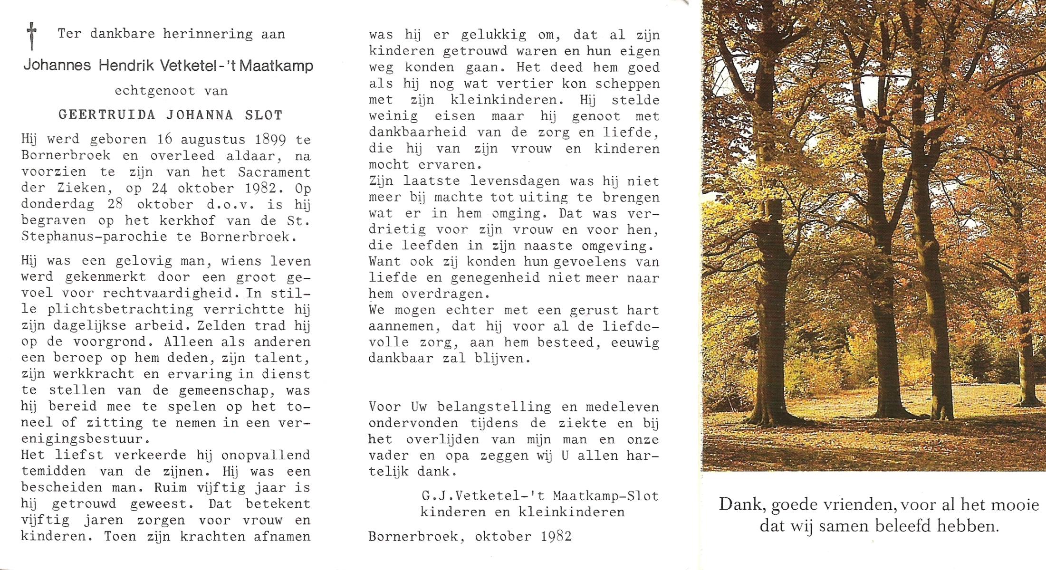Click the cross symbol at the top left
pos(31,36)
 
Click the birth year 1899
pos(270,140)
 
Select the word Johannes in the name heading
pos(57,65)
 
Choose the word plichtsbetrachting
pos(120,309)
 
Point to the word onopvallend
pos(266,455)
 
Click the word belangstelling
pos(494,407)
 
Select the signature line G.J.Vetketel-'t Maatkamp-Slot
pos(540,496)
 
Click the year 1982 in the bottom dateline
pos(556,536)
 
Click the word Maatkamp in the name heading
pos(277,65)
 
